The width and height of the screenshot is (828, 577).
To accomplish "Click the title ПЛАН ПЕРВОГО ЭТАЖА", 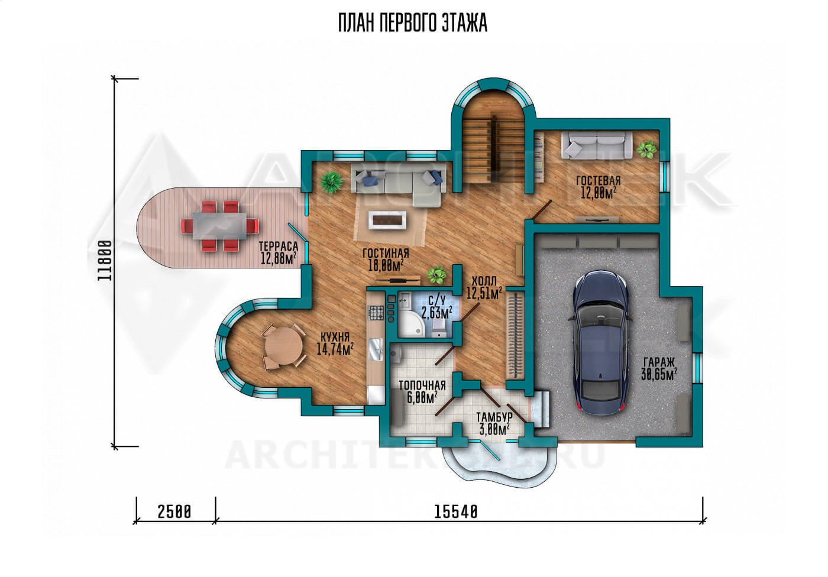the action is (x=413, y=23).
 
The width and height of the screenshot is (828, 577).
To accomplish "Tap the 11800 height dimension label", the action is (x=105, y=261).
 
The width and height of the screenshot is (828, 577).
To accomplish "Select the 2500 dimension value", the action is (x=174, y=512).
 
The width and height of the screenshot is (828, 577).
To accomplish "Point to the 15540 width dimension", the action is (x=456, y=512).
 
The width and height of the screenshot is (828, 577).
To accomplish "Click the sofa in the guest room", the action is (x=597, y=144).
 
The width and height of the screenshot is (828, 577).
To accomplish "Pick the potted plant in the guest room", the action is (x=647, y=150).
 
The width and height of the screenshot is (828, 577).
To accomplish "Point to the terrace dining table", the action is (x=219, y=226).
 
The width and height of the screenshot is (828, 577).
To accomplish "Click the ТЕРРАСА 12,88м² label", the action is (x=279, y=252).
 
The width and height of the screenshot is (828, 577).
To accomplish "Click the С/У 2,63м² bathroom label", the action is (x=436, y=306).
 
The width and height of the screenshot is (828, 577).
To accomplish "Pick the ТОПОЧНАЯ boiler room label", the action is (x=422, y=392).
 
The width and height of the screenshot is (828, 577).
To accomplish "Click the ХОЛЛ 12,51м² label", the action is (x=484, y=287).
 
